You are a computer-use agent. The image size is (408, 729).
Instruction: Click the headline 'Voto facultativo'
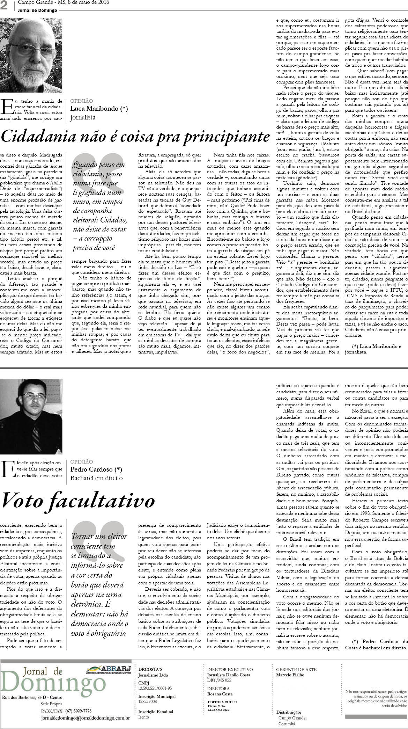click(x=78, y=501)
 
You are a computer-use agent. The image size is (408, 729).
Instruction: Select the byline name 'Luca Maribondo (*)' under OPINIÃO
click(x=99, y=108)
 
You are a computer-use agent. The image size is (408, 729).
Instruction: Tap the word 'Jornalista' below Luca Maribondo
click(x=83, y=117)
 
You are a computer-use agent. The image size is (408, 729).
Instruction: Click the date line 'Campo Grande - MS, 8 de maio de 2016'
click(x=63, y=2)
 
